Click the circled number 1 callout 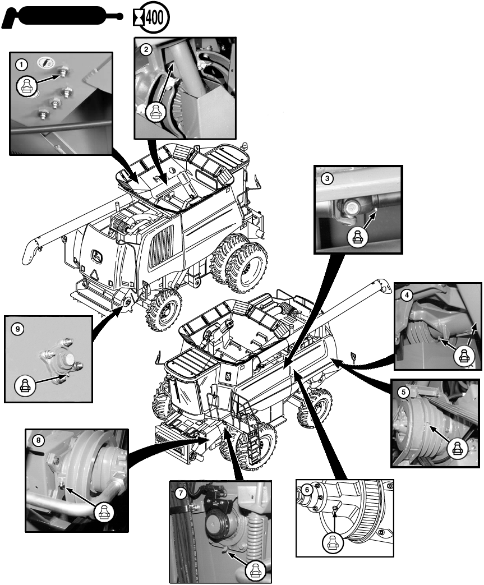pos(22,65)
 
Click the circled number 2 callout pos(146,49)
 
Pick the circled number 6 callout pos(307,489)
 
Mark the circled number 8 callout pos(38,440)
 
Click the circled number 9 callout pos(18,329)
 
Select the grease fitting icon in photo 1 pos(26,86)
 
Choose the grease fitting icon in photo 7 pos(255,570)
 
